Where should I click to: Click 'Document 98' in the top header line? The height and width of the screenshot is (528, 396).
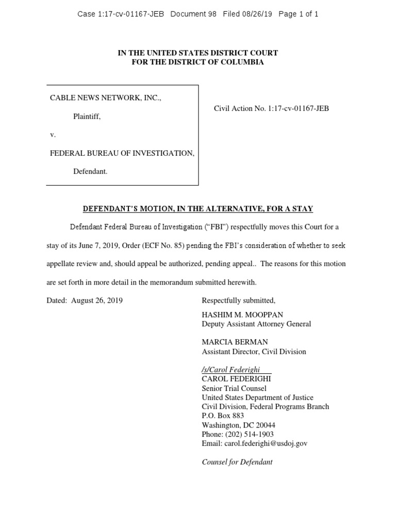[194, 14]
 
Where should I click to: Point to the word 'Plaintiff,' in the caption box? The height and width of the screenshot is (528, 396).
[87, 117]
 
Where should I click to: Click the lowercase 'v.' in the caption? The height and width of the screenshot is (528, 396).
[53, 135]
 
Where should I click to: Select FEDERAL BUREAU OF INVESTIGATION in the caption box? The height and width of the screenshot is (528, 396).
[122, 153]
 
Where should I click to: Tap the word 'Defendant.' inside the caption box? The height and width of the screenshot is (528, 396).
[90, 172]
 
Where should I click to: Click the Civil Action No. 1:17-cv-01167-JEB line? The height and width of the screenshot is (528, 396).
[271, 108]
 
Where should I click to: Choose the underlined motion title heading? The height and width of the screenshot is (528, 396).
[198, 209]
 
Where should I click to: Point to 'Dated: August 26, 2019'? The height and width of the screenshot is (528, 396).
[85, 301]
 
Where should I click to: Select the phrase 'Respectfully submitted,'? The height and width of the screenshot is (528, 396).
[239, 301]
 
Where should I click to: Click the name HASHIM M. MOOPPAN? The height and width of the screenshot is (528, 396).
[242, 315]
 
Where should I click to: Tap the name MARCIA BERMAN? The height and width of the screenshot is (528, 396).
[235, 342]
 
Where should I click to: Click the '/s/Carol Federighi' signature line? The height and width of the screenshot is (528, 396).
[230, 370]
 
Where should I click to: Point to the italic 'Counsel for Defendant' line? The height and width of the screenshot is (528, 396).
[237, 462]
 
